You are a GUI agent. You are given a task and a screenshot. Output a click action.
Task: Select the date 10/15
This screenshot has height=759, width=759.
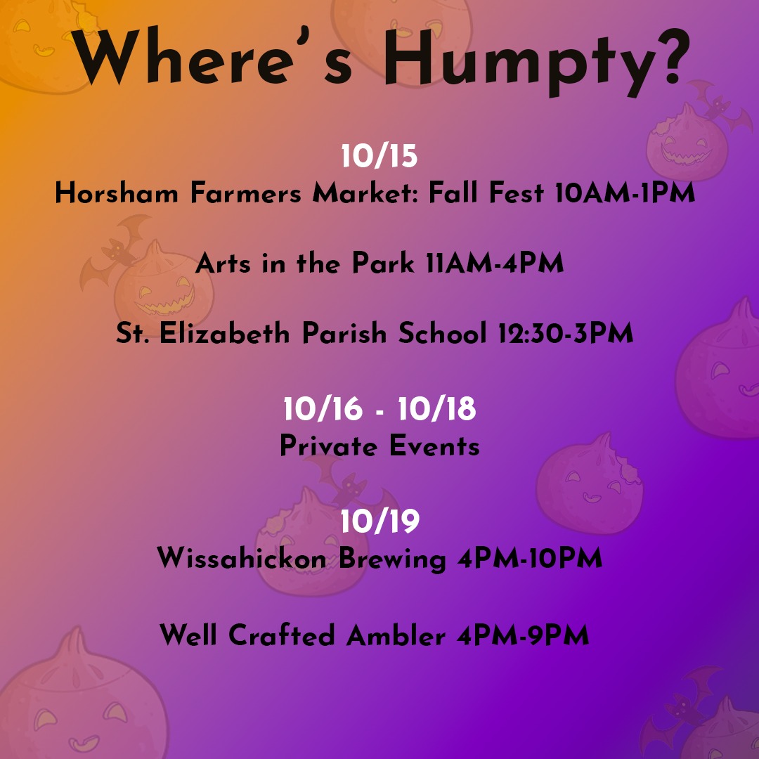click(379, 156)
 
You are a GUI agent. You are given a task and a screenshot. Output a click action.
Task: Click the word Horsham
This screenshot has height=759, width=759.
click(117, 192)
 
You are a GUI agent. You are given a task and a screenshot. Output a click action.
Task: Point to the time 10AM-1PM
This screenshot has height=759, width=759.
click(625, 192)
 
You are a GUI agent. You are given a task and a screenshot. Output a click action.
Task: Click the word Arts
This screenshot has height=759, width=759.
click(223, 264)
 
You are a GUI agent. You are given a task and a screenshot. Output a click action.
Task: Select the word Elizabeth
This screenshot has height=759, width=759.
click(225, 334)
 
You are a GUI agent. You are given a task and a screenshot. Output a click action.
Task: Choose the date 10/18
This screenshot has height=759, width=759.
click(437, 408)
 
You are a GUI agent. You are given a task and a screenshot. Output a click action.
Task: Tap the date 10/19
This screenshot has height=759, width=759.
click(380, 521)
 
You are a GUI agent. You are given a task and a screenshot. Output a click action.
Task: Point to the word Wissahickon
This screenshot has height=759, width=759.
click(242, 558)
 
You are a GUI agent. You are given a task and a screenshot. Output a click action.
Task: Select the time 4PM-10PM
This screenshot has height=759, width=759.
click(530, 558)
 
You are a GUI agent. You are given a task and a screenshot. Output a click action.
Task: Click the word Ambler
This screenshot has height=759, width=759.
click(396, 635)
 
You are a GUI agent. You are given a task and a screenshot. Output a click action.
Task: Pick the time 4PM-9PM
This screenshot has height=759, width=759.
click(524, 635)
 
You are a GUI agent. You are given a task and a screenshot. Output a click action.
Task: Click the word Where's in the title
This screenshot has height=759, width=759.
click(213, 57)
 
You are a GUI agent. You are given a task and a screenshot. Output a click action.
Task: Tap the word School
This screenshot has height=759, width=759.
click(443, 334)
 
